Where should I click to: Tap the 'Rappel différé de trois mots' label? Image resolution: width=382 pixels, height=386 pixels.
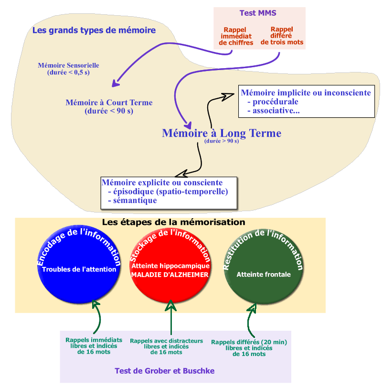click(282, 36)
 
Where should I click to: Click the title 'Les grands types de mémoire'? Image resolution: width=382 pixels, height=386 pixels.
click(94, 30)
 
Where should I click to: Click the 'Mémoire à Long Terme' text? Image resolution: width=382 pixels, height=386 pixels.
click(222, 133)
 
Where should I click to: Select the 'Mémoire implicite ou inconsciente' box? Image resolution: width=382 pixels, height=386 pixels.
click(306, 101)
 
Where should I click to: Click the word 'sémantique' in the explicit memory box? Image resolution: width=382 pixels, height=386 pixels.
click(133, 201)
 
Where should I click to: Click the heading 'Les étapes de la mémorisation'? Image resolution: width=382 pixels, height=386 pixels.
click(173, 223)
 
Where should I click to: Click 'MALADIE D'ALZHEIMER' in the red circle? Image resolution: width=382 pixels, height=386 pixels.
click(170, 275)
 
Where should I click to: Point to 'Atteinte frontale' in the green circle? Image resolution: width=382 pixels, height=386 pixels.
click(264, 274)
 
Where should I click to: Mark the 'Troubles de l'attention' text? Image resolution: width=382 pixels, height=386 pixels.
click(79, 269)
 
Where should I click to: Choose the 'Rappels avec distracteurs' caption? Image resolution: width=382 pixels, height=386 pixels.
click(166, 341)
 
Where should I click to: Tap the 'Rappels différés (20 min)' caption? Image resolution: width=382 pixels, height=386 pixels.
click(249, 342)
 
